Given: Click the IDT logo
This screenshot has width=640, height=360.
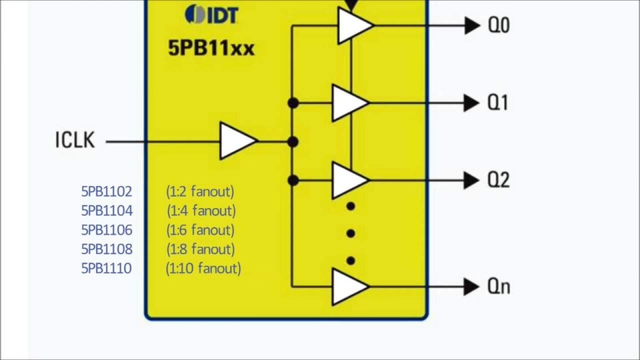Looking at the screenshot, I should [211, 14].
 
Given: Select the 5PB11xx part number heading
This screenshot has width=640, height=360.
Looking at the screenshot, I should [211, 49].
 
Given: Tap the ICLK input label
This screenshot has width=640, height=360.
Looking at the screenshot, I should [75, 141].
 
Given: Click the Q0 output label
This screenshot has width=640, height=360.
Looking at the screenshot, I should [499, 25].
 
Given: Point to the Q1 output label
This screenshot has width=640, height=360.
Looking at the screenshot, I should [498, 103].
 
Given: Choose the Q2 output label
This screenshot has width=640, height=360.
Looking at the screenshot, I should [499, 180].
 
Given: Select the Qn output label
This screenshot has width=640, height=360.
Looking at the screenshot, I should [499, 287].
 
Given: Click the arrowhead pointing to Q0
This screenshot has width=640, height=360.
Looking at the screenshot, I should [473, 25].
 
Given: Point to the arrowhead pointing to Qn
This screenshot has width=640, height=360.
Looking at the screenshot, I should [473, 287].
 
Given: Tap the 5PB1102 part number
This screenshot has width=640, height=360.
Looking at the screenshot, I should [107, 192].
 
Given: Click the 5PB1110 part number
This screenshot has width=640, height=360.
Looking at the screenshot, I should [107, 269].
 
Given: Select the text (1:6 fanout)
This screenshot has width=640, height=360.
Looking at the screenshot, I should [201, 230].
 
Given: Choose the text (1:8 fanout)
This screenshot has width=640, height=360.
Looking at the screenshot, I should [201, 249].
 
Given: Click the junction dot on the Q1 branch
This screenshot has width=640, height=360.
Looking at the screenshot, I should [293, 103].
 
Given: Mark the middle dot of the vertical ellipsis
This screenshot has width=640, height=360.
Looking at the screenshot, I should [351, 233].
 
